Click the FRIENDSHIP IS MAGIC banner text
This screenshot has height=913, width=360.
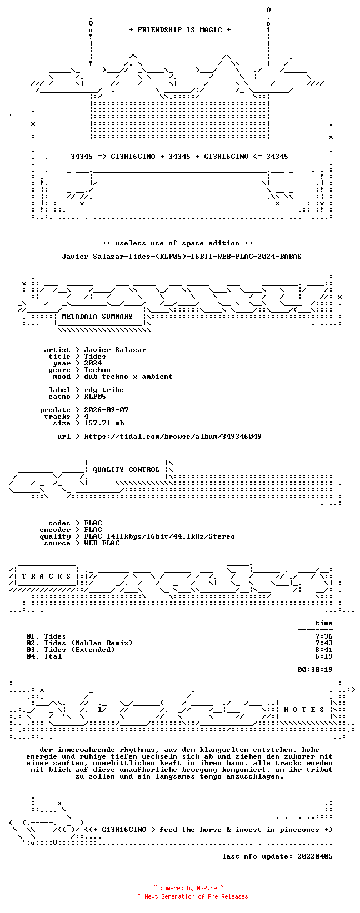point(180,30)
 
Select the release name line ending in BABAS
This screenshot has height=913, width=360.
point(182,257)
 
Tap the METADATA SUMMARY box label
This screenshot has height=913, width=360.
point(97,317)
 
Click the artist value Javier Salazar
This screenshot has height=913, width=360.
point(115,350)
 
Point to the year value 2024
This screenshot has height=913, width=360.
point(93,363)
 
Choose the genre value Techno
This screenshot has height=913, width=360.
point(97,370)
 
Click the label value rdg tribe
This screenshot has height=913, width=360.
point(103,390)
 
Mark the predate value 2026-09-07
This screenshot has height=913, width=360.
point(106,410)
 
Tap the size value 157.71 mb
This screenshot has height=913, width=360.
point(104,423)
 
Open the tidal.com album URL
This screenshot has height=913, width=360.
point(172,437)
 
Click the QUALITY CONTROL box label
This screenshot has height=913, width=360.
point(126,469)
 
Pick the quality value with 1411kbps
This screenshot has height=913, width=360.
point(159,536)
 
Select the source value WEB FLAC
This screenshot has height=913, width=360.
point(102,543)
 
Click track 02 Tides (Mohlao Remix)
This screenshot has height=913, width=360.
point(79,643)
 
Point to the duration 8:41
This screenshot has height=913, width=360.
point(324,650)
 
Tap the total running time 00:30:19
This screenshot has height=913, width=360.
point(315,670)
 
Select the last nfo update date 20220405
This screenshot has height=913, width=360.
point(315,856)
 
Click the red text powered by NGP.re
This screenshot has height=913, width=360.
point(188,888)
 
